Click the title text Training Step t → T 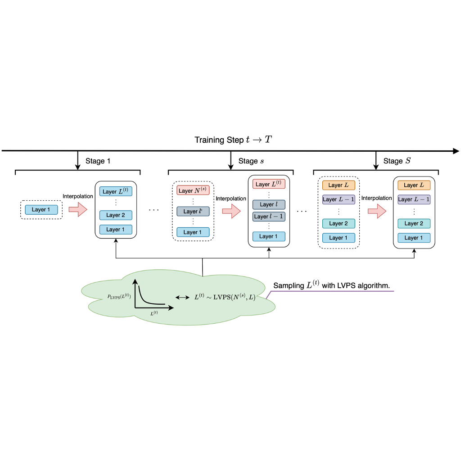pyautogui.click(x=233, y=140)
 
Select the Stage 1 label pyautogui.click(x=97, y=161)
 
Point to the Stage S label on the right pyautogui.click(x=397, y=161)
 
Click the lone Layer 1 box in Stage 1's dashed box pyautogui.click(x=41, y=209)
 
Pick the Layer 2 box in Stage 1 pyautogui.click(x=116, y=215)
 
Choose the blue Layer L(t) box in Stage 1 pyautogui.click(x=116, y=191)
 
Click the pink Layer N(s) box pyautogui.click(x=193, y=190)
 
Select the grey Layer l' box pyautogui.click(x=193, y=211)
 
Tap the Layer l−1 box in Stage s pyautogui.click(x=269, y=217)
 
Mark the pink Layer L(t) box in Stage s pyautogui.click(x=269, y=184)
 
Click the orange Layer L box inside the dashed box pyautogui.click(x=339, y=185)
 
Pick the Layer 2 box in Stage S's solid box pyautogui.click(x=414, y=223)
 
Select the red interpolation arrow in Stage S pyautogui.click(x=377, y=211)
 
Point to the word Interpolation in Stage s pyautogui.click(x=231, y=199)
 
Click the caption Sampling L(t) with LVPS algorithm pyautogui.click(x=331, y=285)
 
